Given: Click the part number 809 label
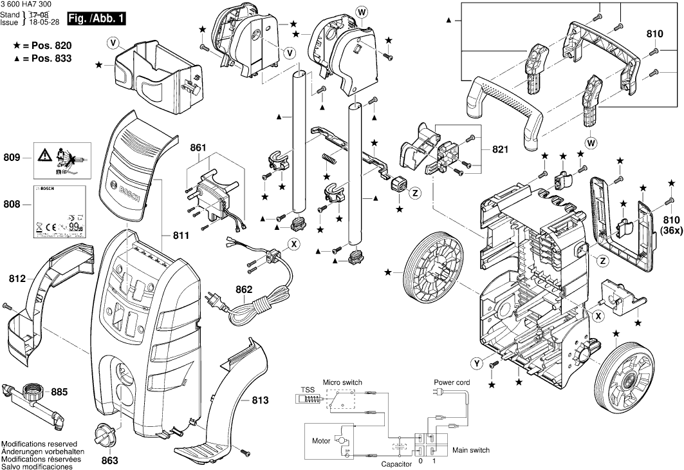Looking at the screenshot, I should [x=13, y=157].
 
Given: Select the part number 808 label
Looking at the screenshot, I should [x=13, y=205].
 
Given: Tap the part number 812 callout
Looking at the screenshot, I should [x=17, y=279].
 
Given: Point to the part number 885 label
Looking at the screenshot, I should [x=59, y=391].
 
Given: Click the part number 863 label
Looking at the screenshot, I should [x=110, y=461].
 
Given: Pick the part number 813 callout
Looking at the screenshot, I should [x=259, y=400].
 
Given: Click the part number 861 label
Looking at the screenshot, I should [x=198, y=148].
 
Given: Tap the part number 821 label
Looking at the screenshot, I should [x=500, y=149].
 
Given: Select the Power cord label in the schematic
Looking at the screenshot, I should [x=451, y=382].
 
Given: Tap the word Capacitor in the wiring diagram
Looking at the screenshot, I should [x=396, y=464].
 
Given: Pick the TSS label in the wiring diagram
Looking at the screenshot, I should [x=308, y=390].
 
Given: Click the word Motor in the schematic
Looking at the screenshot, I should [x=321, y=442].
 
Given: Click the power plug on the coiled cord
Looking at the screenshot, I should [x=213, y=299].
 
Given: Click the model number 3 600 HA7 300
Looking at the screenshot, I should [x=28, y=5].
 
